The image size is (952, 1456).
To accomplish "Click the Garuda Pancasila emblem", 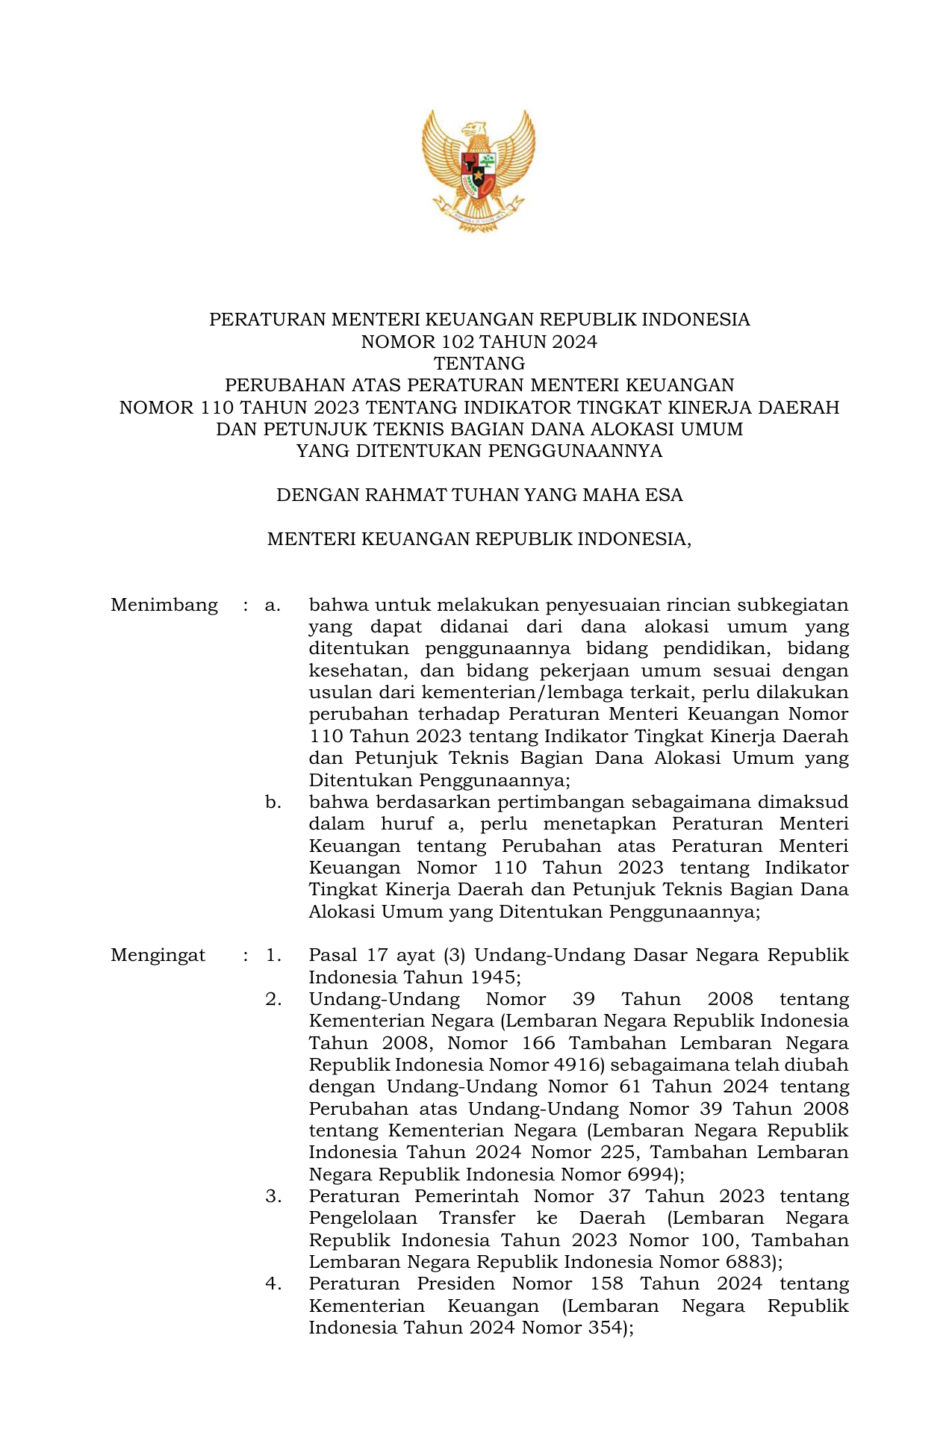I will [x=479, y=169].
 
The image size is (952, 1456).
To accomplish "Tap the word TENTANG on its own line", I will [x=479, y=364].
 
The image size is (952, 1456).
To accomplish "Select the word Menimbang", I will [x=164, y=605].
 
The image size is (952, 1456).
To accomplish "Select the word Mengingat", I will [x=158, y=955].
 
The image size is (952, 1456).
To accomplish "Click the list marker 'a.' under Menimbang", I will [x=273, y=605].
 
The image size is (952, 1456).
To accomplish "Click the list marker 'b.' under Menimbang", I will [x=273, y=803].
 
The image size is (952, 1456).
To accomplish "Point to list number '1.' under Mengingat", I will [x=273, y=955].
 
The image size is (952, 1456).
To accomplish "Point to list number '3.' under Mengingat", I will [x=273, y=1196].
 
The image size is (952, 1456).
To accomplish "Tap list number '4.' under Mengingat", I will [x=273, y=1284].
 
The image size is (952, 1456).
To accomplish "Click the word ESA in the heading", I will [x=665, y=495].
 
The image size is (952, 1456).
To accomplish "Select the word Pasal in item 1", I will [x=332, y=955].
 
